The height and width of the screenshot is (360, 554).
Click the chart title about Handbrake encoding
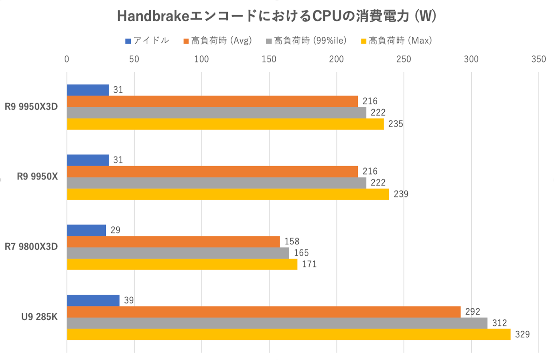coord(277,16)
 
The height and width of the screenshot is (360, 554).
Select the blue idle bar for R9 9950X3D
coord(88,90)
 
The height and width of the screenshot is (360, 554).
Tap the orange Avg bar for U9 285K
coord(264,312)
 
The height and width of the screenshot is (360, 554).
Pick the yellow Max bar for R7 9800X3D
coord(182,264)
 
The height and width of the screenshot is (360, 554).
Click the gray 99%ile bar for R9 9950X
coord(217,183)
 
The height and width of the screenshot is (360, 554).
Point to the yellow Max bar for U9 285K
coord(288,334)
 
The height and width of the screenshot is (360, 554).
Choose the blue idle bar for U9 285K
coord(93,301)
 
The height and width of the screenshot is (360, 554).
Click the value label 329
coord(522,334)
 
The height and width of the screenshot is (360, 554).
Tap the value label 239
coord(401,194)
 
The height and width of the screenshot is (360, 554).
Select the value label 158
coord(292,242)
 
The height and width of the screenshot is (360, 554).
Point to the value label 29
coord(115,230)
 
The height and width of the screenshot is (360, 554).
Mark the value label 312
coord(499,323)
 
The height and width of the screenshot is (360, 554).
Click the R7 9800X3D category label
coord(31,247)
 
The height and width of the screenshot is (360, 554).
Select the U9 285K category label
coord(39,317)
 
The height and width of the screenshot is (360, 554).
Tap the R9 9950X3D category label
coord(31,107)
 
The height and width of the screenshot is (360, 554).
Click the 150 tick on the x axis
coord(269,59)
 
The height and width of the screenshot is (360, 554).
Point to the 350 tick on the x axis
coord(538,59)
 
